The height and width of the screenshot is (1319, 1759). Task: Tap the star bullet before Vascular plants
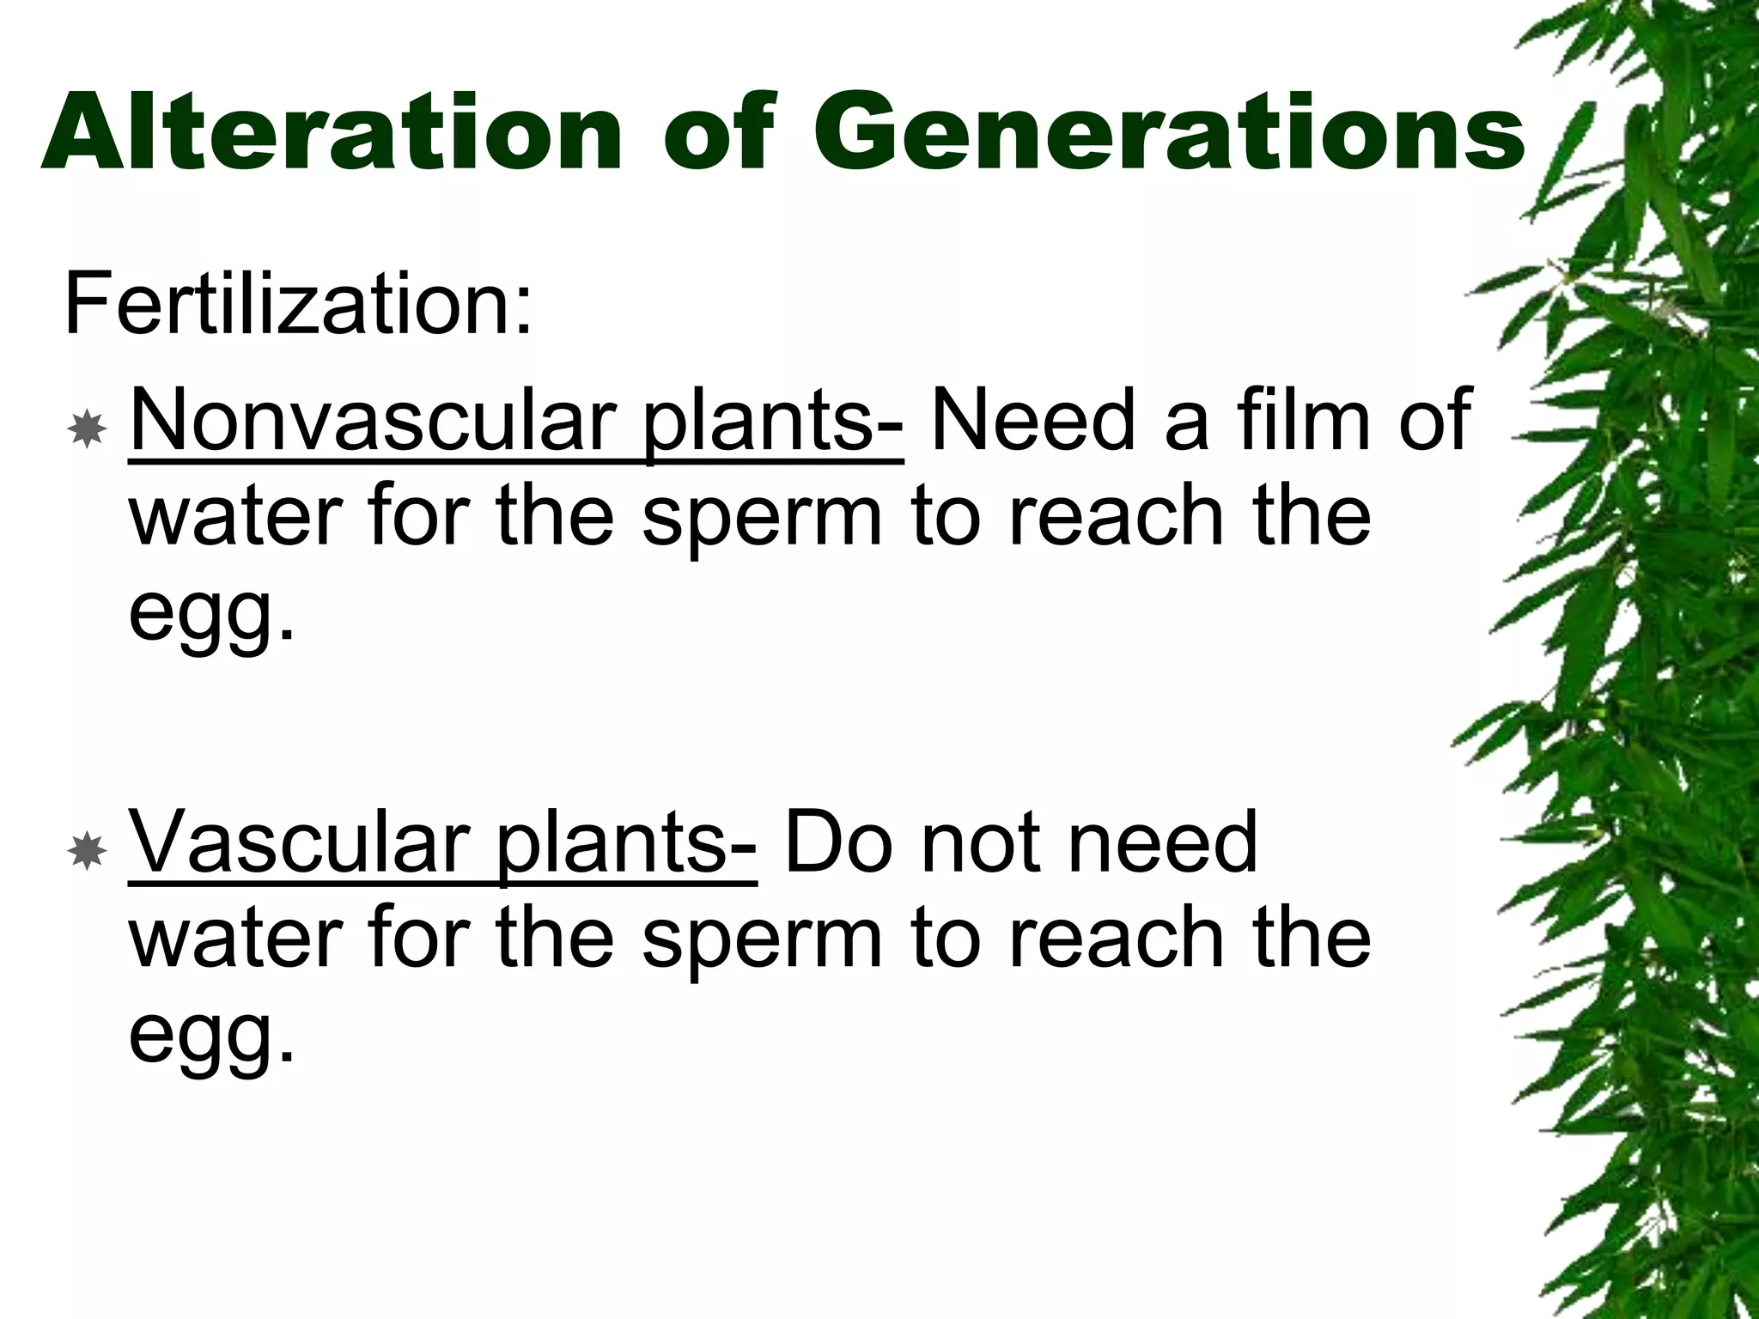click(x=87, y=852)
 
